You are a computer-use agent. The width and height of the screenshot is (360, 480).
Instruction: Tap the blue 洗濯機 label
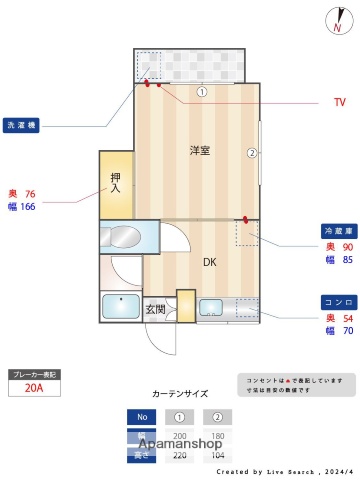22,126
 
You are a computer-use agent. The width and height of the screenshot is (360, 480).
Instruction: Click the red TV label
340,102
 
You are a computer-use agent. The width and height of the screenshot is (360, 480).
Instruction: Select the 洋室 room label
200,150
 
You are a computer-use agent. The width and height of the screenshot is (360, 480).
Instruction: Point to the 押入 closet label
116,181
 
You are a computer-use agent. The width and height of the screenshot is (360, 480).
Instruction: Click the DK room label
210,262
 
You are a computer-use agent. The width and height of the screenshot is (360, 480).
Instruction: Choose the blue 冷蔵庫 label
335,229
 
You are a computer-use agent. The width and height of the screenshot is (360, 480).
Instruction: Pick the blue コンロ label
335,302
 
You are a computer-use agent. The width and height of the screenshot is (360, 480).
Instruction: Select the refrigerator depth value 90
346,247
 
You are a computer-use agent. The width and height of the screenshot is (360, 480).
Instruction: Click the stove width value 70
346,331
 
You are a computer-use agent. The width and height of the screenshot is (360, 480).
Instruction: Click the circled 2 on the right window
253,153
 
